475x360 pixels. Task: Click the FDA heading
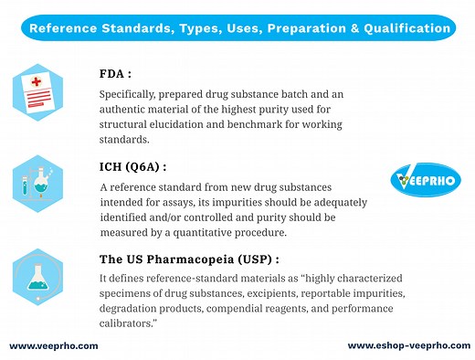pyautogui.click(x=117, y=74)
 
